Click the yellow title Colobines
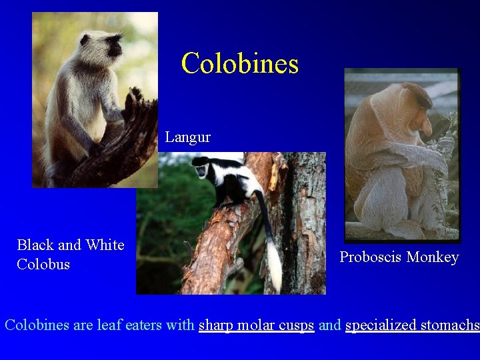(x=239, y=64)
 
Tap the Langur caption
(x=187, y=137)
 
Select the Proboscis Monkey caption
(x=399, y=257)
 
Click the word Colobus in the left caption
(x=43, y=265)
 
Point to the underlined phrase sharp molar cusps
(x=256, y=325)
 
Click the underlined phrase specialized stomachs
(x=411, y=325)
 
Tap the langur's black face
(x=113, y=46)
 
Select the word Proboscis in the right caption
(x=370, y=257)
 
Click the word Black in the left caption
(x=35, y=245)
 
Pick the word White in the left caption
(x=105, y=245)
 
